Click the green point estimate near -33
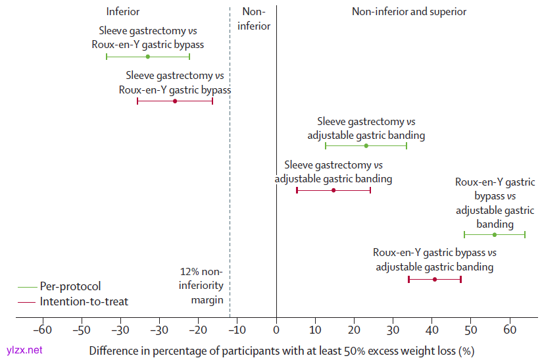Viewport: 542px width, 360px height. (x=147, y=57)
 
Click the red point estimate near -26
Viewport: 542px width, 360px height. (x=175, y=101)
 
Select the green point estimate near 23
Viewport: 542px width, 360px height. (x=366, y=145)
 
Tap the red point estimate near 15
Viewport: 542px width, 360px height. (x=333, y=190)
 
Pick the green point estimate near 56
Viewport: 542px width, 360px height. (x=495, y=234)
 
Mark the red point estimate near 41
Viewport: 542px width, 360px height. (x=435, y=280)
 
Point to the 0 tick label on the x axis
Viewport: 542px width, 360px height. (x=276, y=329)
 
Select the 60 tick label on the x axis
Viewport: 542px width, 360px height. (x=510, y=329)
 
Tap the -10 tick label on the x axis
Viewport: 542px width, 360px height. (x=237, y=329)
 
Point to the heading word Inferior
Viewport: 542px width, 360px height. (x=123, y=12)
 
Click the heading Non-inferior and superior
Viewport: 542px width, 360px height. (x=409, y=12)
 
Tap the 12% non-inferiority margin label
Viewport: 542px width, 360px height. (x=202, y=286)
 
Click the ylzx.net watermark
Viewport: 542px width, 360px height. (x=24, y=350)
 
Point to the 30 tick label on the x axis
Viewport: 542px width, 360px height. (x=393, y=329)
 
